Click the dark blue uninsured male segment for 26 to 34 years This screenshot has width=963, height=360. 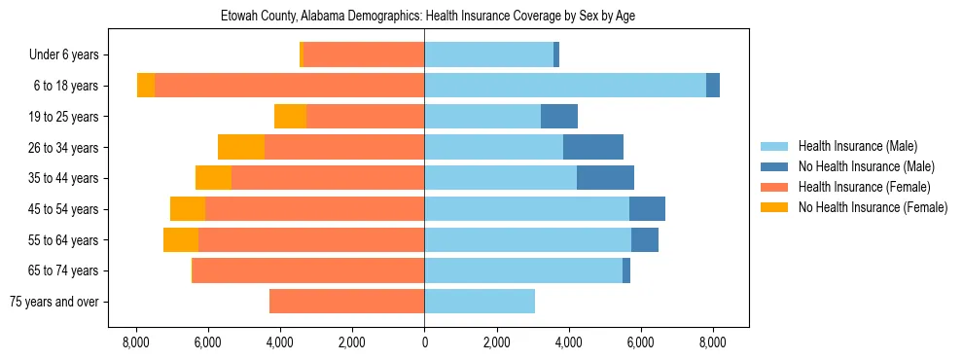click(x=592, y=147)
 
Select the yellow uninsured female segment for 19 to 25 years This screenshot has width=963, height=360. click(x=290, y=117)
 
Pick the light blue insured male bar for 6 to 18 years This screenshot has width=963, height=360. click(x=564, y=86)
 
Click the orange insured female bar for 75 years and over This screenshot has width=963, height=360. click(x=346, y=302)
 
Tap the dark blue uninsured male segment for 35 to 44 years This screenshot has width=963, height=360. click(x=605, y=178)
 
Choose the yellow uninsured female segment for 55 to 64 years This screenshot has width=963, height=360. click(x=181, y=240)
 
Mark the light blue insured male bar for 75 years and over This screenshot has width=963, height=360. click(x=479, y=302)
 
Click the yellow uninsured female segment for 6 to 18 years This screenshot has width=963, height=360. click(x=146, y=86)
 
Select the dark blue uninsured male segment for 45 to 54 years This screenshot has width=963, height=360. click(x=647, y=209)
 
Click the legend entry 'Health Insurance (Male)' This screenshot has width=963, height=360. click(x=857, y=146)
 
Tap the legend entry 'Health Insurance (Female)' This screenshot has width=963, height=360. click(x=864, y=187)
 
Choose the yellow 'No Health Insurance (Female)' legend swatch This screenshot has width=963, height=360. click(x=774, y=207)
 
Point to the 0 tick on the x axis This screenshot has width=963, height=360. click(x=424, y=342)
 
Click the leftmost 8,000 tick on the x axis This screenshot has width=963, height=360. click(x=135, y=342)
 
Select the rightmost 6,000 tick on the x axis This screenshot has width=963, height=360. click(x=640, y=342)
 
